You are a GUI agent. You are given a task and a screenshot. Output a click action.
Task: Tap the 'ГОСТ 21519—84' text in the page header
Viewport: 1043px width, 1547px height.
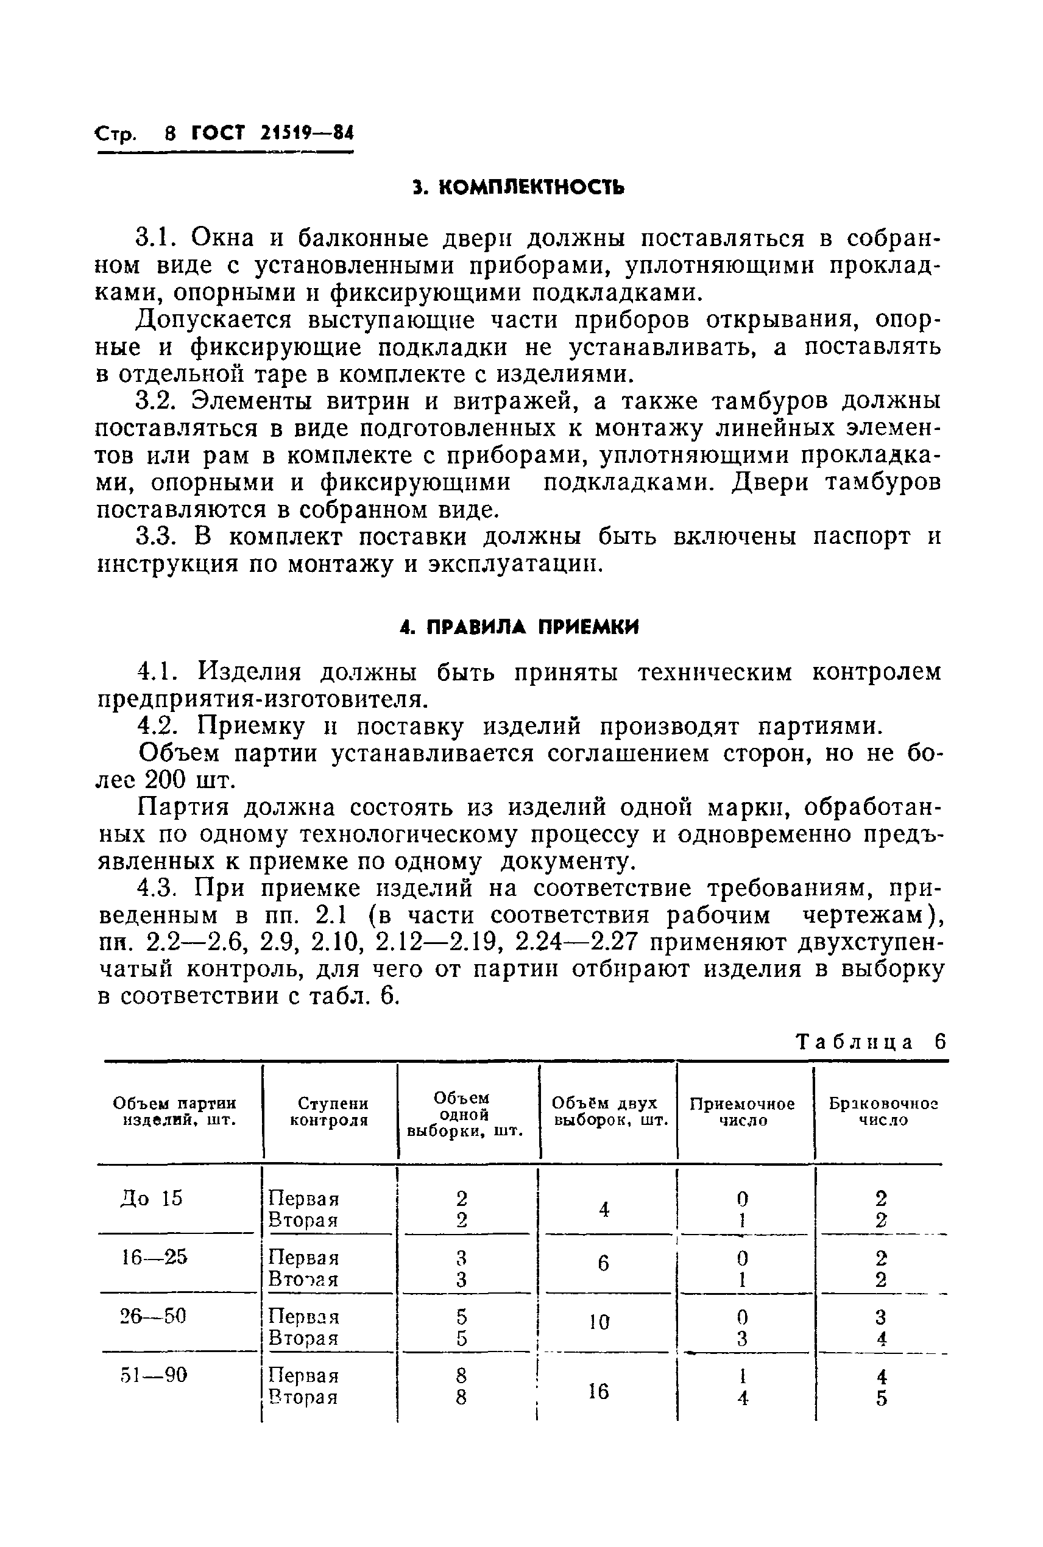pos(273,133)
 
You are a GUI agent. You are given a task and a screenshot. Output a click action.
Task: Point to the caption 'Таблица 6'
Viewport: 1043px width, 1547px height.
pos(870,1041)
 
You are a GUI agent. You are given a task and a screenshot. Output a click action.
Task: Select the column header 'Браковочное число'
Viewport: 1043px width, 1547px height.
pos(883,1112)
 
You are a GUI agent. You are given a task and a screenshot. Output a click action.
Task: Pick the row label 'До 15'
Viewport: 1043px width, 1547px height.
pos(152,1198)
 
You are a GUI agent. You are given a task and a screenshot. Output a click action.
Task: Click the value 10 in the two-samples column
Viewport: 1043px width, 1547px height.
pos(599,1322)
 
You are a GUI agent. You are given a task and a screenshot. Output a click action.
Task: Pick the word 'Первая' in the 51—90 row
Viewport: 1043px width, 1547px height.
pos(303,1375)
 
